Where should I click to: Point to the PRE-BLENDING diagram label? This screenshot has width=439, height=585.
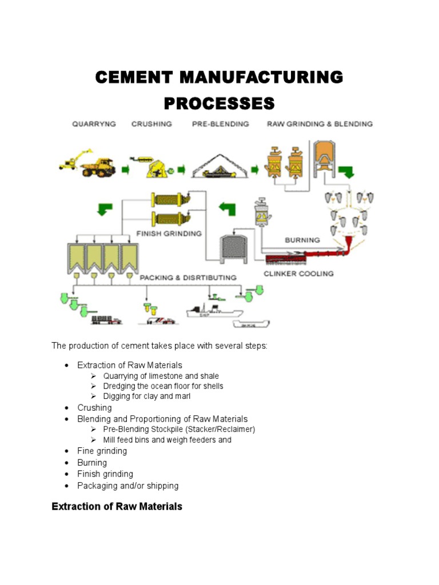220,124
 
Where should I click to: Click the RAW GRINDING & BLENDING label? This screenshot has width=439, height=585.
320,124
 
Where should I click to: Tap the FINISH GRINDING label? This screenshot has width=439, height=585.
169,233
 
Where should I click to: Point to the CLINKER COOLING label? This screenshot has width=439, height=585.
298,274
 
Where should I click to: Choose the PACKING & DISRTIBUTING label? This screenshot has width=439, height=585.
188,278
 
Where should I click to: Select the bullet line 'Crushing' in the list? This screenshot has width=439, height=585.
94,408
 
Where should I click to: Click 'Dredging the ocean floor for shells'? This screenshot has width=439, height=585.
163,386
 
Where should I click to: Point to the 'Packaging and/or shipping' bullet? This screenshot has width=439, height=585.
127,486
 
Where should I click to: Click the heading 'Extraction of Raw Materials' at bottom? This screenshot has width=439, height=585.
117,506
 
